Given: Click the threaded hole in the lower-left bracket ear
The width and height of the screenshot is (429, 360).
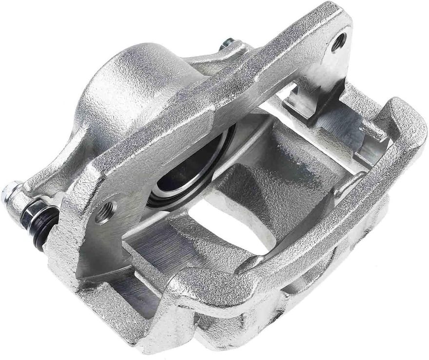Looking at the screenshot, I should [x=104, y=212].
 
